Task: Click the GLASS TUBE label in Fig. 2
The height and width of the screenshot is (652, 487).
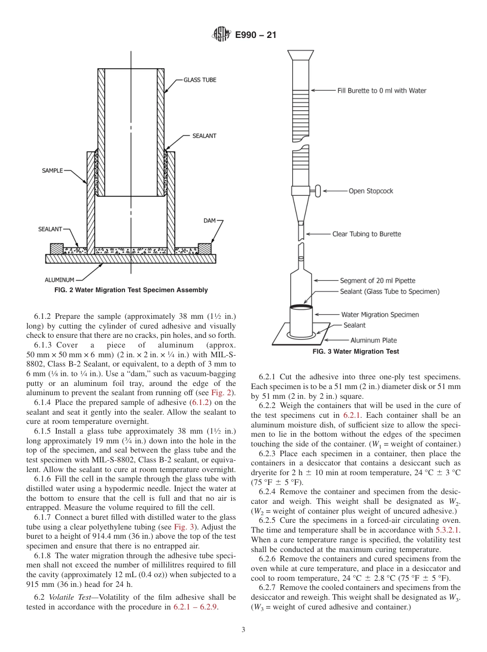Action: (199, 80)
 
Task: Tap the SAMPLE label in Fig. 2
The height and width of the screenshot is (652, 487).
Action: (52, 171)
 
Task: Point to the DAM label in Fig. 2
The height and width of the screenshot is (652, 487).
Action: (210, 220)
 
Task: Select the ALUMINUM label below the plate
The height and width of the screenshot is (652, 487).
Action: (59, 280)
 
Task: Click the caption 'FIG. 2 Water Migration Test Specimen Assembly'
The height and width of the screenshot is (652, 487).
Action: (131, 290)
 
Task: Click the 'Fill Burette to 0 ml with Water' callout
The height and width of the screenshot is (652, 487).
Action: (381, 91)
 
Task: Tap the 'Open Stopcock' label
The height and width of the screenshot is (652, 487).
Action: (371, 191)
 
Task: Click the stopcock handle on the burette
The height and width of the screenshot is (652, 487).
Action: (318, 191)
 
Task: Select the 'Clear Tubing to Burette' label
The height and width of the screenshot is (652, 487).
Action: (367, 234)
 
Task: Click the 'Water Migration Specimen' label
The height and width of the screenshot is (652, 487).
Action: (380, 315)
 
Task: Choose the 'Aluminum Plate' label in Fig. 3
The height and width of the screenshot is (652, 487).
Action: (374, 340)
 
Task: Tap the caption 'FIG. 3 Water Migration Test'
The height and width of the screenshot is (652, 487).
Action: (356, 352)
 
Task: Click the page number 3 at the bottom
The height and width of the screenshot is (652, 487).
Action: (243, 630)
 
